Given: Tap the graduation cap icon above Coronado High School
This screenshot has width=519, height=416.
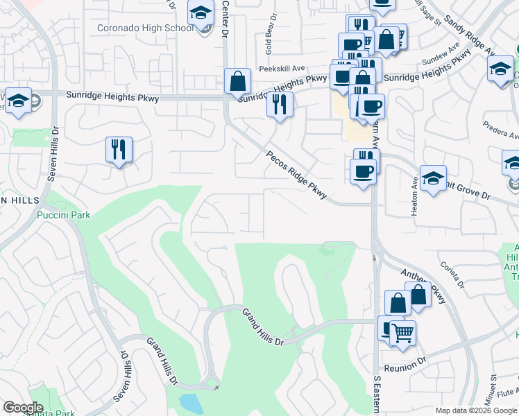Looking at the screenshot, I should [201, 13].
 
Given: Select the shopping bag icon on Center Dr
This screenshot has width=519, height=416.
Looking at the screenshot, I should [237, 80].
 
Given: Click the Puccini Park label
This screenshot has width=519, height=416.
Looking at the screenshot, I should [64, 215].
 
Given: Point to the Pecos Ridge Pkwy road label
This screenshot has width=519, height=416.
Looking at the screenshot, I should [296, 175].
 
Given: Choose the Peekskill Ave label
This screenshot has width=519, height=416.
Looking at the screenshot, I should [282, 69].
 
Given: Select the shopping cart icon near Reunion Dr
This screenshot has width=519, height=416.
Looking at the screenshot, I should [402, 333].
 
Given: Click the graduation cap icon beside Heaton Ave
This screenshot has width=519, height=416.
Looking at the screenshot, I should [433, 179].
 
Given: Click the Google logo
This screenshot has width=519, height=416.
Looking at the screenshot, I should [23, 408].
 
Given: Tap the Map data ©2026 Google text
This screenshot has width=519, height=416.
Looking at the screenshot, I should [476, 410].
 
